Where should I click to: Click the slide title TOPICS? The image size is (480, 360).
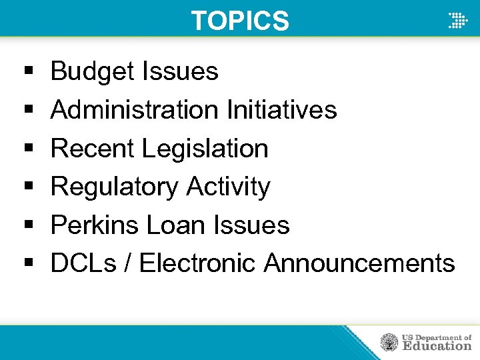click(x=240, y=21)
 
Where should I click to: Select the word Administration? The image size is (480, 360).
click(x=134, y=109)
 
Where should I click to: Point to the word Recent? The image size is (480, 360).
click(x=93, y=148)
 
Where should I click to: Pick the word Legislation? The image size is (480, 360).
click(x=205, y=148)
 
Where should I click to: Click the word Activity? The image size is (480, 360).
click(x=229, y=187)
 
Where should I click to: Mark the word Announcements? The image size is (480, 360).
click(x=359, y=263)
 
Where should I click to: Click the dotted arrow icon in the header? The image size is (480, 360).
click(x=457, y=21)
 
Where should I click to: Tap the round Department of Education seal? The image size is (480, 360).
click(x=389, y=343)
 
